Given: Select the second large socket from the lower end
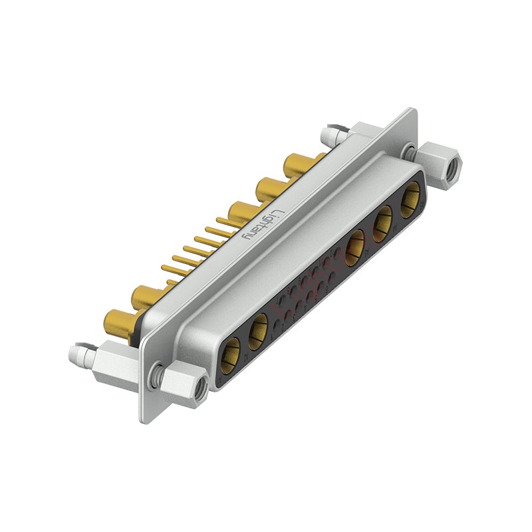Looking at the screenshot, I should pyautogui.click(x=258, y=329).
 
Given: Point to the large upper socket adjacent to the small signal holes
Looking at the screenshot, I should pyautogui.click(x=356, y=244).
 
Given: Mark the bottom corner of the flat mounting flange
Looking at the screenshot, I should pyautogui.click(x=143, y=420).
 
